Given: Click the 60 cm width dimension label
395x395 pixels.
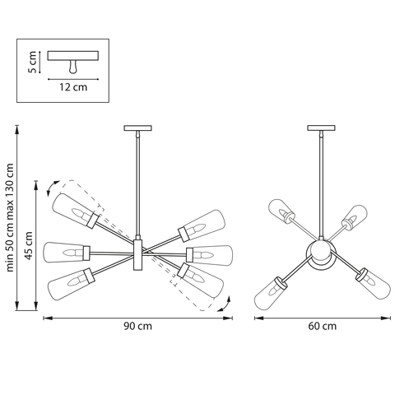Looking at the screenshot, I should [x=323, y=326].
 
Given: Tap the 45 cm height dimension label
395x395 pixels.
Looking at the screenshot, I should [x=26, y=247].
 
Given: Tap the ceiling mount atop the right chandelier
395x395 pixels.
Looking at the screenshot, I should [x=319, y=128].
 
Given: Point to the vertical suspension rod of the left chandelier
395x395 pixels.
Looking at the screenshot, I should [x=137, y=185].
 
